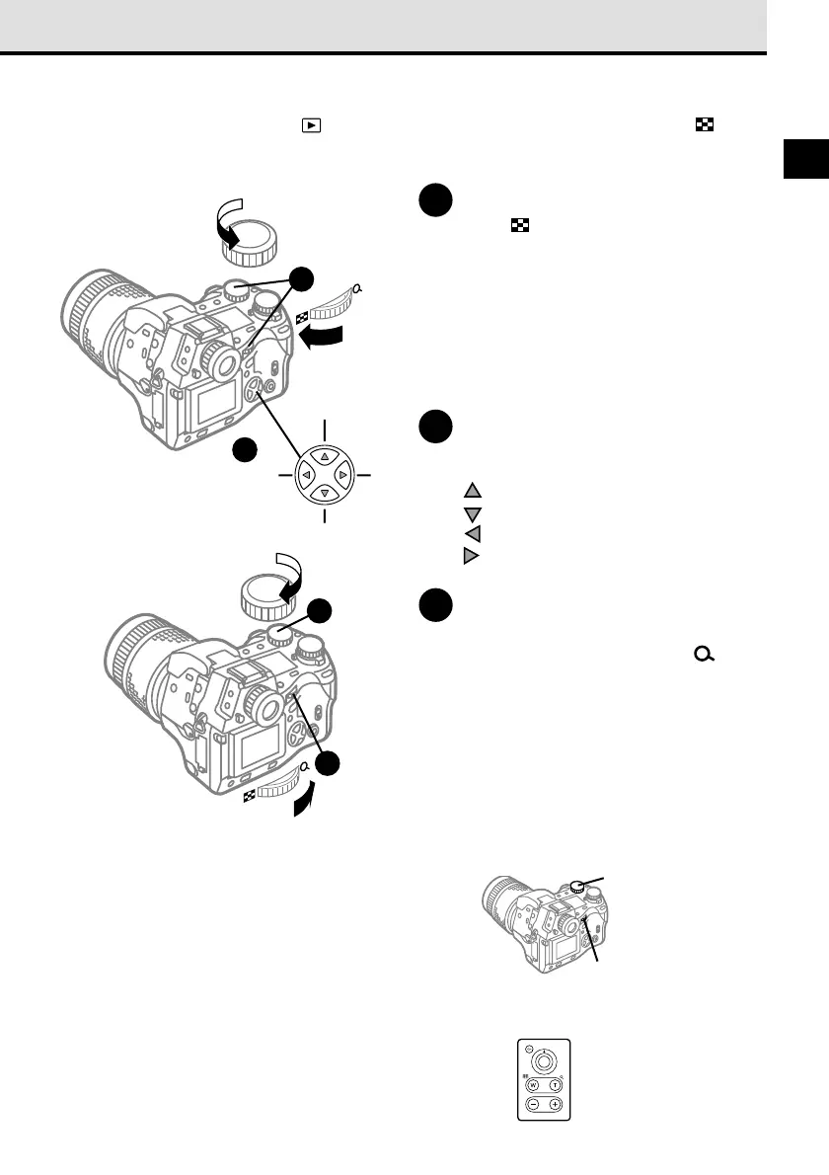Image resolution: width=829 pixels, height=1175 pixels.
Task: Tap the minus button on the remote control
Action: [532, 1104]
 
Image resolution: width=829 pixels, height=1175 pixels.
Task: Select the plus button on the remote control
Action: [557, 1104]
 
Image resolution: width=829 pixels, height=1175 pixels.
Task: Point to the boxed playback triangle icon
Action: [311, 125]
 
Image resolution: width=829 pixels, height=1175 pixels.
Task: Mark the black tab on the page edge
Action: [806, 161]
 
